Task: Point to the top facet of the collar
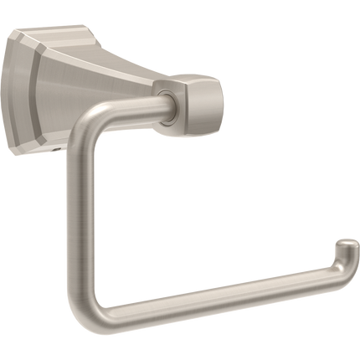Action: pyautogui.click(x=198, y=82)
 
